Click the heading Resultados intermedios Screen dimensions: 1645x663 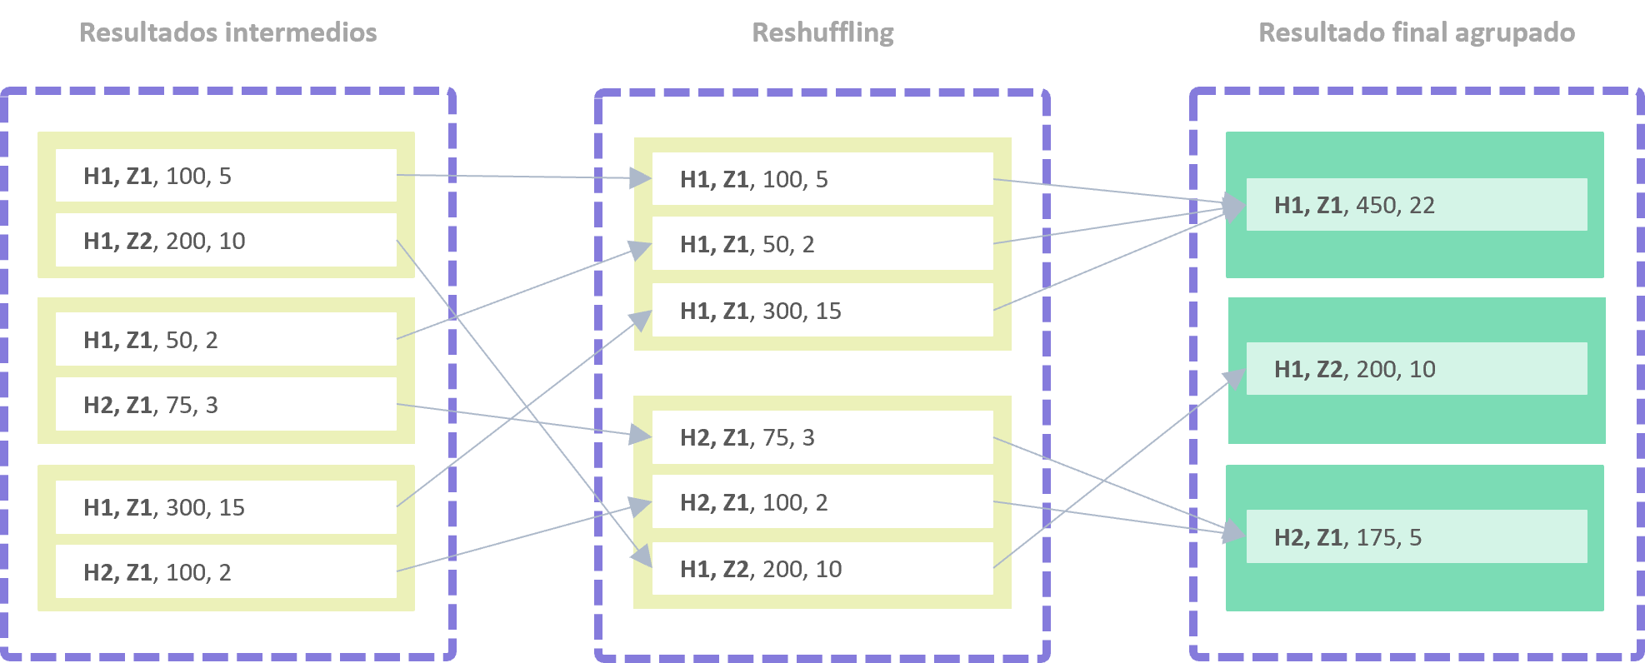tap(227, 32)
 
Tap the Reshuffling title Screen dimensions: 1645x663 tap(822, 33)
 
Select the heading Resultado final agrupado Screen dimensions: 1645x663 tap(1417, 33)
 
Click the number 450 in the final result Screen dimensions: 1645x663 tap(1377, 205)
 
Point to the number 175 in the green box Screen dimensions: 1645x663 tap(1377, 537)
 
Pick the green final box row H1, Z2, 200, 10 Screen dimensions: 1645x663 tap(1417, 368)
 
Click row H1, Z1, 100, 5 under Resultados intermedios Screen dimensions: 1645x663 tap(226, 175)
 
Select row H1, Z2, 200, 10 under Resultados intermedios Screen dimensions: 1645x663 tap(226, 240)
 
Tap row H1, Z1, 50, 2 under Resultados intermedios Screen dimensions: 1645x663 tap(226, 339)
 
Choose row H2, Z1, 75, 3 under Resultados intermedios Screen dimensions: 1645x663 tap(226, 404)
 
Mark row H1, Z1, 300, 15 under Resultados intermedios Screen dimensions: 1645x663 tap(226, 506)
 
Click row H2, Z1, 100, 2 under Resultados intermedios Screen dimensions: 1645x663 tap(226, 571)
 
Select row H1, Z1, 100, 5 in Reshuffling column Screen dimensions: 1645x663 tap(822, 178)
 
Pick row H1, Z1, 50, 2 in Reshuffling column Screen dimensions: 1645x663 tap(822, 243)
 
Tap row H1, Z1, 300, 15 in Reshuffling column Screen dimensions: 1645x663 tap(822, 310)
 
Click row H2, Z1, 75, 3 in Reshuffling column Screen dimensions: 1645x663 tap(822, 437)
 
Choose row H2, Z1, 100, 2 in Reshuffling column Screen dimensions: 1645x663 tap(822, 501)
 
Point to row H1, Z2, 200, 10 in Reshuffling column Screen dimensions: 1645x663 tap(822, 568)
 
